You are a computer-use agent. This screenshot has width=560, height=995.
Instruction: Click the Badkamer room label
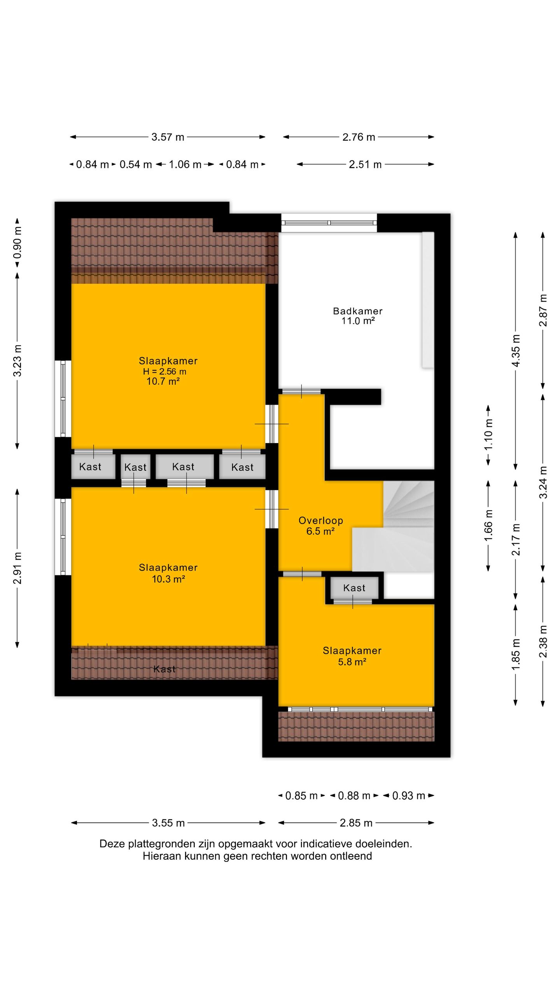coord(357,311)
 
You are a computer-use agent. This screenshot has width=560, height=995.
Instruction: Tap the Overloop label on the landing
coord(320,520)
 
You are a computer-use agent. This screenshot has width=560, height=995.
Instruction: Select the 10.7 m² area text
coord(163,381)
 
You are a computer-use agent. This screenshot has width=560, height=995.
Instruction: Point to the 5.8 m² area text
coord(352,662)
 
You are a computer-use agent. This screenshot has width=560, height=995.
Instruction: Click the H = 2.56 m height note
coord(164,371)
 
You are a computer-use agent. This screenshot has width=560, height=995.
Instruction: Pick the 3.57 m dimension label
coord(168,137)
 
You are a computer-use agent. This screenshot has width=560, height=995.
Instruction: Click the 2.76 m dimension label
coord(359,137)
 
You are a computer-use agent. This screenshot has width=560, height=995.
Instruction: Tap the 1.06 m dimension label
coord(185,164)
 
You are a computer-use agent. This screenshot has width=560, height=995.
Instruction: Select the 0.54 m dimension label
coord(135,164)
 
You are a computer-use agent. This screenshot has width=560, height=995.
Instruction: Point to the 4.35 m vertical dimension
coord(516,351)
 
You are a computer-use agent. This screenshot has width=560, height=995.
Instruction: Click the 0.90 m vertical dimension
coord(17,243)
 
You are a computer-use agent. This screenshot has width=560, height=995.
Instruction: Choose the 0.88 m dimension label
coord(354,796)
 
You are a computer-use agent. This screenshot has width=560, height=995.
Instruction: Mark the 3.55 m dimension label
coord(168,823)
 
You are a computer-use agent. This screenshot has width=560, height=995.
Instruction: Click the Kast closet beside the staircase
coord(354,588)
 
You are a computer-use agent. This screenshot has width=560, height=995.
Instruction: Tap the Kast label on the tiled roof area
coord(164,669)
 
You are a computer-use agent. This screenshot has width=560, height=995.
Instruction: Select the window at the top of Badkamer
coord(329,223)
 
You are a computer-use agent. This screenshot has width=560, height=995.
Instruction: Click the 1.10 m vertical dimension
coord(488,435)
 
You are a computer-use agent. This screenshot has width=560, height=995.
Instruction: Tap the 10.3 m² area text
coord(168,579)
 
